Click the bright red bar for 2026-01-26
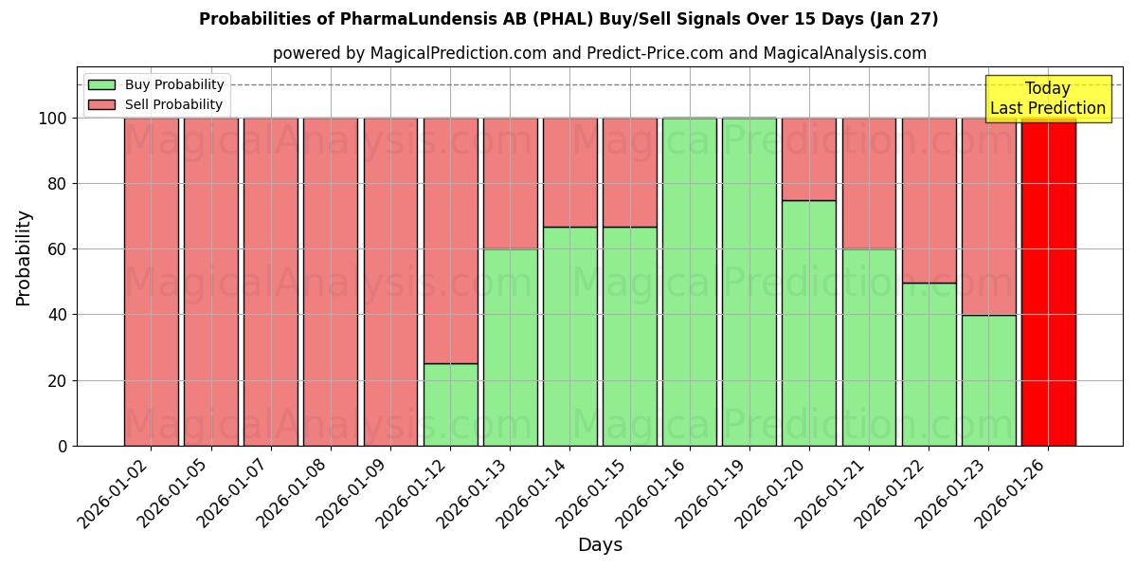(x=1048, y=282)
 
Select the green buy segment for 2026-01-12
(x=450, y=405)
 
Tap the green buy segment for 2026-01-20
(x=809, y=322)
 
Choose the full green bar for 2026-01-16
(x=690, y=282)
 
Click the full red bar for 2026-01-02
(x=151, y=282)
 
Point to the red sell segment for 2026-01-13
(x=510, y=183)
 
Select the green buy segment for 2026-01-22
(x=929, y=364)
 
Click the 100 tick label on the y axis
(x=53, y=119)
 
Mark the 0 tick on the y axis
(x=63, y=446)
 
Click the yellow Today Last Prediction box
(x=1048, y=99)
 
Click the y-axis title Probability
(x=24, y=258)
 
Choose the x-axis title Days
(x=600, y=545)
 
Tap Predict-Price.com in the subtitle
(x=640, y=53)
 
